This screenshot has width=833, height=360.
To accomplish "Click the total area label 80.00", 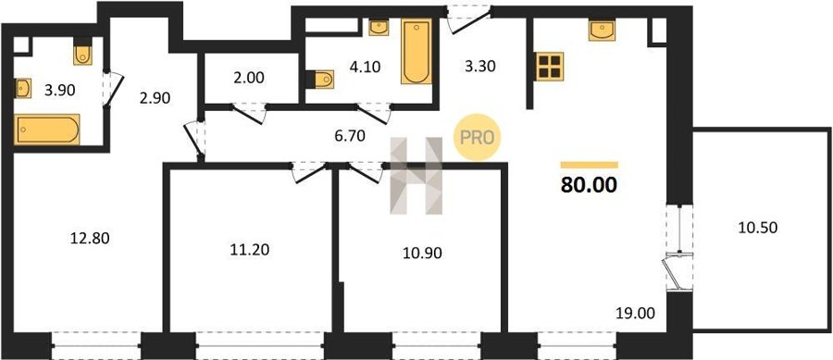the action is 590,185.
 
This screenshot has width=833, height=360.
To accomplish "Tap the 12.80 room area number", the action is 90,239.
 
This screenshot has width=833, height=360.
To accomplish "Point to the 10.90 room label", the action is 422,253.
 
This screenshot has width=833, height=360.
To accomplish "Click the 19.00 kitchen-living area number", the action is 636,314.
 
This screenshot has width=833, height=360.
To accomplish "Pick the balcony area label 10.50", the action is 757,228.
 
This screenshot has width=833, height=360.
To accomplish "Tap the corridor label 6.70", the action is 350,136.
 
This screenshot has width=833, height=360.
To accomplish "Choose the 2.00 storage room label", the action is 249,78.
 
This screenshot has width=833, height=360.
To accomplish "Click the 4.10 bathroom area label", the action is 365,68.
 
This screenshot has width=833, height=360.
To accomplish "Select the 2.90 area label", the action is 155,98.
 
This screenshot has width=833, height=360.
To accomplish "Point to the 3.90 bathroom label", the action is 59,91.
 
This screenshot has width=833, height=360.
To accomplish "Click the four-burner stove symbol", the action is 550,67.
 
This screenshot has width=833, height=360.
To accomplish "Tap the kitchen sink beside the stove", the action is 602,31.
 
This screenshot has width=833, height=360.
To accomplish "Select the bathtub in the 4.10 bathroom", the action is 416,52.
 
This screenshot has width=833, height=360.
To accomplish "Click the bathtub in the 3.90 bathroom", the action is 47,129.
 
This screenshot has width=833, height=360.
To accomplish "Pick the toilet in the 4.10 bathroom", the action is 320,79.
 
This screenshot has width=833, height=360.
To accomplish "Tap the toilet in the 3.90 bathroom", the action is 83,52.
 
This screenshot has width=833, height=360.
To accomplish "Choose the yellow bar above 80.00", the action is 590,165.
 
